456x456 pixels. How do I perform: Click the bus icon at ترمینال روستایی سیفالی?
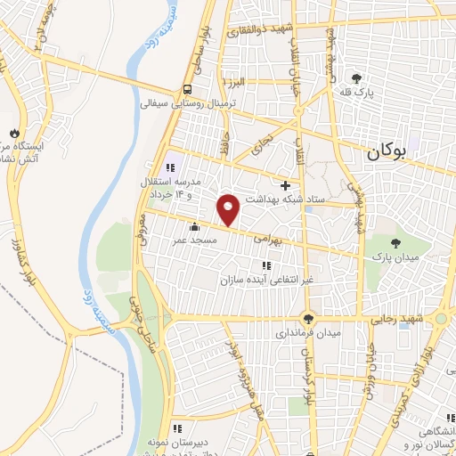click(187, 89)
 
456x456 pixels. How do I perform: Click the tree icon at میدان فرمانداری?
click(308, 318)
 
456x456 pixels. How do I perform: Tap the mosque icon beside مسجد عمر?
click(193, 224)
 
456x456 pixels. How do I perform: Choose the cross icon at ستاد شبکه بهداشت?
click(285, 185)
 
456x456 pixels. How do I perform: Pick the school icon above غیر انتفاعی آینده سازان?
click(265, 265)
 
